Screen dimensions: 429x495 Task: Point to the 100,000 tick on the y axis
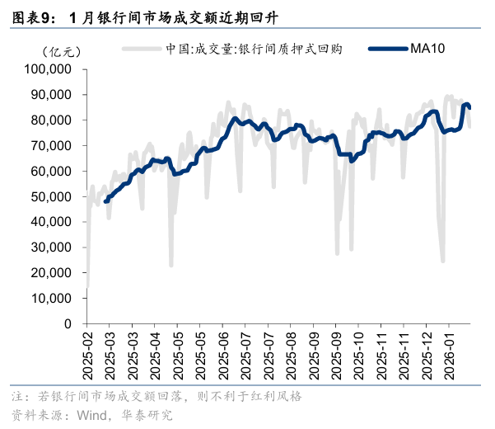point(53,69)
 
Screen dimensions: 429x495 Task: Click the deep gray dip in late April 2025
point(171,265)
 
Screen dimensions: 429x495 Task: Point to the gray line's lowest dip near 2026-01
point(442,262)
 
